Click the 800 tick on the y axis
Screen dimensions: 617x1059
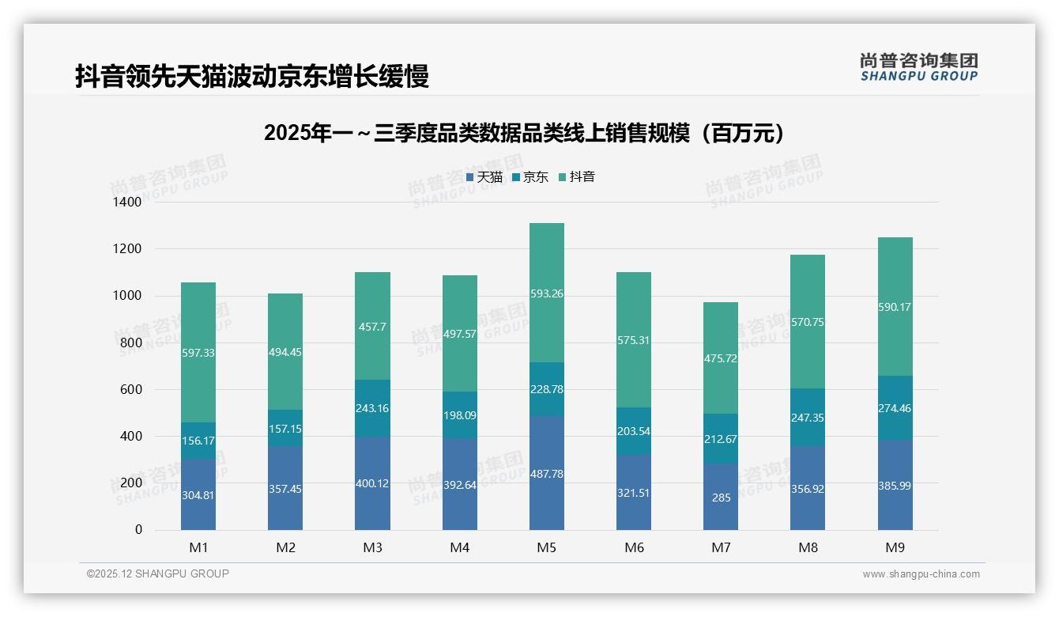tap(131, 343)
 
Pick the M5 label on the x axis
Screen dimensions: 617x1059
tap(546, 547)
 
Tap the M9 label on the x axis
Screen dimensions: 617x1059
tap(895, 547)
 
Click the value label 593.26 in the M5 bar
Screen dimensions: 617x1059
tap(547, 293)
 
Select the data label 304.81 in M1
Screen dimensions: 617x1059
tap(198, 495)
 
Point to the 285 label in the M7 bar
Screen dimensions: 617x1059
tap(721, 498)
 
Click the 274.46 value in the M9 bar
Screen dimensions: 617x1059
tap(895, 409)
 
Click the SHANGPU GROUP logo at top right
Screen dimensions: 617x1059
tap(918, 67)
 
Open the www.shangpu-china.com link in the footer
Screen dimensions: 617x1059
tap(921, 574)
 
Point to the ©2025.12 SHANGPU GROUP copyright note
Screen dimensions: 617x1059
tap(158, 574)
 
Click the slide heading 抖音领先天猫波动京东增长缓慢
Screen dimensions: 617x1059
tap(252, 77)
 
